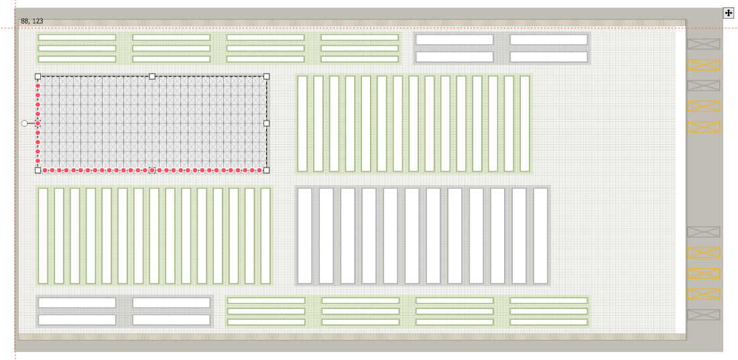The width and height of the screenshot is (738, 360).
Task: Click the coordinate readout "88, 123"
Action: click(32, 21)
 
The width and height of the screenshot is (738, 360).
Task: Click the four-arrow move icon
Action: click(729, 13)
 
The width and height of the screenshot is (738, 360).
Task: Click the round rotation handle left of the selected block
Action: click(25, 123)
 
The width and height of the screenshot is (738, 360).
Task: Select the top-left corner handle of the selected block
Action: click(38, 76)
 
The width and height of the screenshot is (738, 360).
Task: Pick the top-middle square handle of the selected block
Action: click(152, 76)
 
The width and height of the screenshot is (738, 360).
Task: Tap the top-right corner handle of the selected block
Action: click(267, 76)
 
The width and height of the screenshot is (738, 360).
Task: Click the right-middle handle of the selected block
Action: click(267, 123)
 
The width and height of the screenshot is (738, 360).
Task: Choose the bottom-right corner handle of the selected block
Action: click(267, 170)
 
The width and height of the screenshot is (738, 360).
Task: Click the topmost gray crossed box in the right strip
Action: click(703, 44)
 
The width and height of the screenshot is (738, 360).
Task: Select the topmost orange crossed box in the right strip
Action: click(703, 65)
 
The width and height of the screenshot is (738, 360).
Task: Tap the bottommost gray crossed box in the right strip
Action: click(703, 314)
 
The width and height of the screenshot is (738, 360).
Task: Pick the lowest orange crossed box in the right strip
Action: click(703, 294)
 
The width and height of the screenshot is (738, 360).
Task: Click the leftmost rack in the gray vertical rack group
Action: click(305, 236)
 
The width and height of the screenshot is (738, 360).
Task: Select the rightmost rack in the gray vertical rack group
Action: click(540, 236)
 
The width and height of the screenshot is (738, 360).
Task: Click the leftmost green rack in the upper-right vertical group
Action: click(302, 123)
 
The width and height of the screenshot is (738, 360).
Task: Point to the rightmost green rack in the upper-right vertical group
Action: click(525, 123)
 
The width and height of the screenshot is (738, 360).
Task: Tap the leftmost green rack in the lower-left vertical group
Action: click(43, 236)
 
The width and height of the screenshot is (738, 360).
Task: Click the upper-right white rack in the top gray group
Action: click(548, 40)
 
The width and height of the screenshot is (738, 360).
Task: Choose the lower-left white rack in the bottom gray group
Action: click(77, 320)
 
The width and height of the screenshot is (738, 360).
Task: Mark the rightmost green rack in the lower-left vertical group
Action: click(265, 236)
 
